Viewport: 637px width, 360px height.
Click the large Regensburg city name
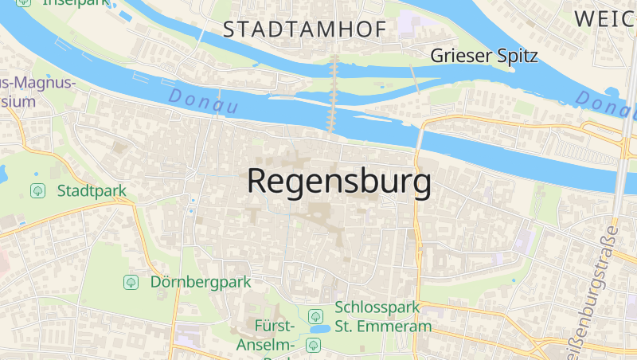[339, 182]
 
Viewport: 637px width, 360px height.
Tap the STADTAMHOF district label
[304, 29]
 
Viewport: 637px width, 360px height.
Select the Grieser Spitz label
[484, 56]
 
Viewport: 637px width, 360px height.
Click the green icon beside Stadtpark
[37, 191]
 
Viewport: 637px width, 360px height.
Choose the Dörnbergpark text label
[200, 282]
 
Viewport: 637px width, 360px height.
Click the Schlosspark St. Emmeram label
[383, 316]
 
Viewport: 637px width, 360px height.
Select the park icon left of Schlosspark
[316, 316]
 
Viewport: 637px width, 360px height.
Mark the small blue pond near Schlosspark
[320, 328]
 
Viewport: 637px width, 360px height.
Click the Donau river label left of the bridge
[203, 101]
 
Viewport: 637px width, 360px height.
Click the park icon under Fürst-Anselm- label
[313, 345]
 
